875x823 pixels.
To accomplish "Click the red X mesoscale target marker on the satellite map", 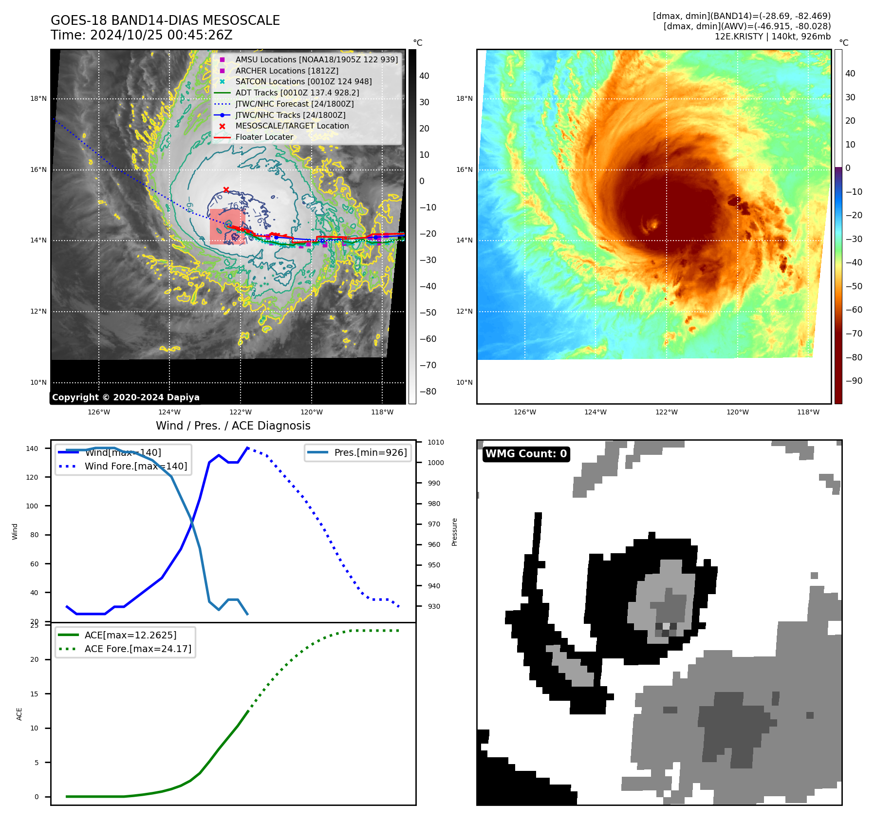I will (x=226, y=190).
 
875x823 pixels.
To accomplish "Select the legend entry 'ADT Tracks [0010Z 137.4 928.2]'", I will (x=297, y=93).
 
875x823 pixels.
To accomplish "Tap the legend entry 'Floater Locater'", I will (x=264, y=137).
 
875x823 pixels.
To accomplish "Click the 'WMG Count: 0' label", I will (x=526, y=454).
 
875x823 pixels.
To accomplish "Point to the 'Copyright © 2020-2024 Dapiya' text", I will (x=126, y=397).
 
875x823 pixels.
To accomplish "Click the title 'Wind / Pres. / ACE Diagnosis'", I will (x=233, y=426).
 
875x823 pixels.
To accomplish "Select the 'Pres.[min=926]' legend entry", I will (x=370, y=452).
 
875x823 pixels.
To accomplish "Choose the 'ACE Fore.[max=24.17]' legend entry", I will (x=138, y=649).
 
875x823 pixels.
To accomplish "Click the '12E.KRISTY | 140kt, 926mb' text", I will (x=772, y=37).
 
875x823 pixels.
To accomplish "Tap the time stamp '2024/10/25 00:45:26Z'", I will (x=161, y=36).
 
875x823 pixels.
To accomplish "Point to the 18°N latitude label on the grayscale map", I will (x=38, y=99).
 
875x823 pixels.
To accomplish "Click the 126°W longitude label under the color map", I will (x=524, y=412).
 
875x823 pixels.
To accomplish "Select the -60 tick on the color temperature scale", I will (x=854, y=310).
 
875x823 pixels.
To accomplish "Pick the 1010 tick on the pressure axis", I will (x=436, y=442).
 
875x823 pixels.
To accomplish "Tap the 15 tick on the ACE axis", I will (x=34, y=694).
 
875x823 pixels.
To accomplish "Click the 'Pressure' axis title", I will (x=454, y=532).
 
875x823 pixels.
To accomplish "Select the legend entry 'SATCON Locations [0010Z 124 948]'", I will (x=303, y=81).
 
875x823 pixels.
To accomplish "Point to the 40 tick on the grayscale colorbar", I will (x=424, y=76).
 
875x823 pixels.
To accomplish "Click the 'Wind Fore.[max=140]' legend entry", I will (x=135, y=466).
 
